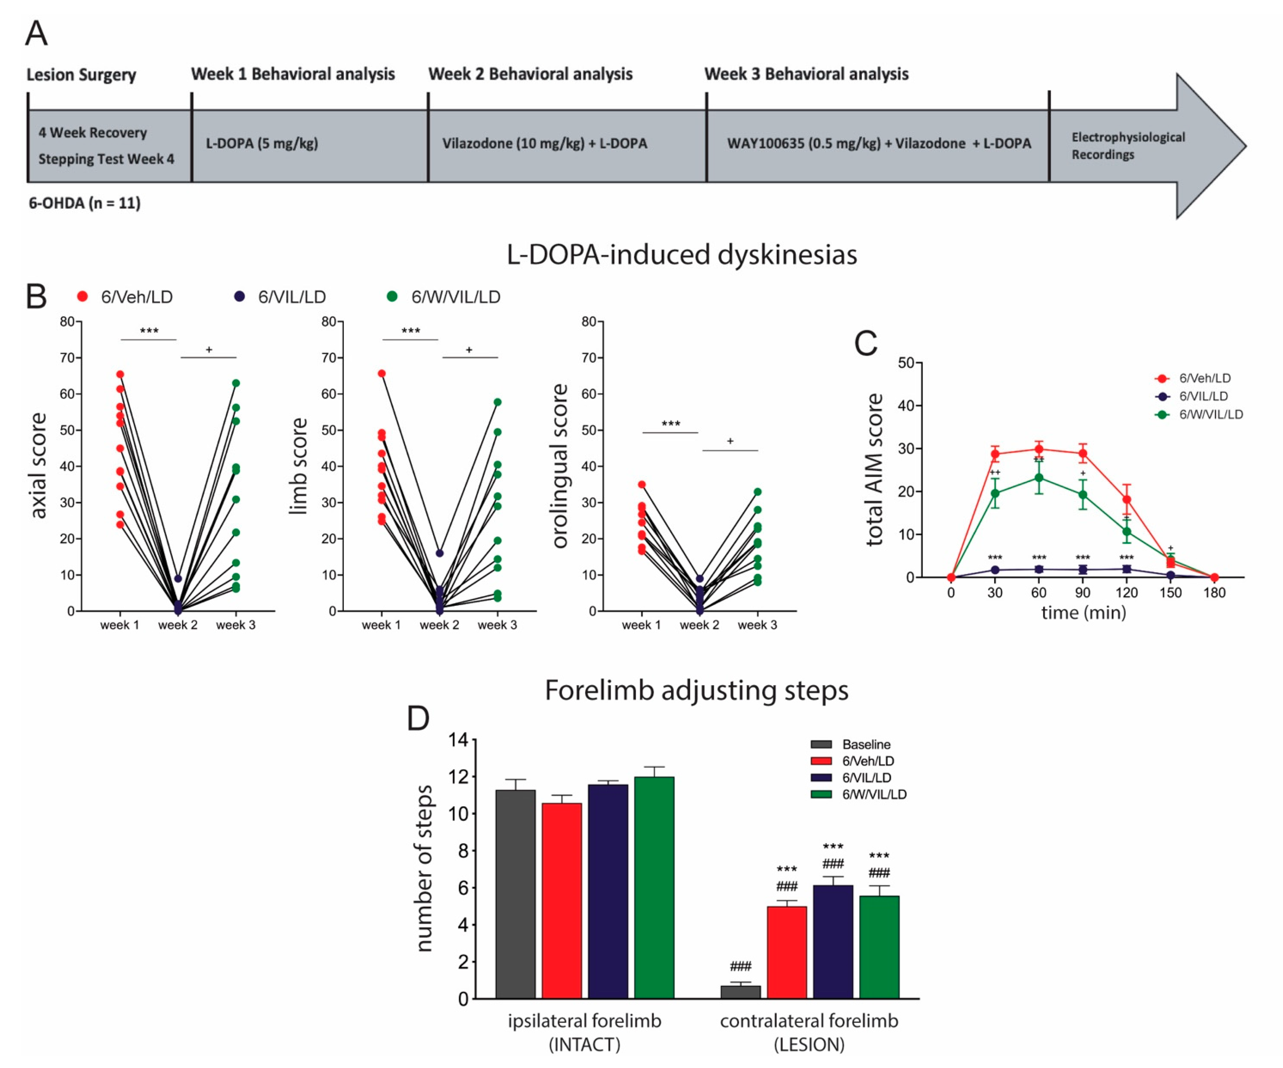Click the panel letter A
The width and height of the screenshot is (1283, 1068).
tap(36, 34)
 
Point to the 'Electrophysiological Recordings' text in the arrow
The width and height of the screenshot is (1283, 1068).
tap(1128, 145)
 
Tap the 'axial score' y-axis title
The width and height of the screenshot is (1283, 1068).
tap(38, 466)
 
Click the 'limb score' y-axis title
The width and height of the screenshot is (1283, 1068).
tap(298, 466)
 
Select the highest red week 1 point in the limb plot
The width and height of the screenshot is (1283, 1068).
tap(381, 373)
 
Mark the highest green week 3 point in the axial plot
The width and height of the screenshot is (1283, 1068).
tap(236, 383)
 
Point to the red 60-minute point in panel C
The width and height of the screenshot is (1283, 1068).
tap(1039, 449)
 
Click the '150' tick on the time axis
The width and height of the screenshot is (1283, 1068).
tap(1170, 593)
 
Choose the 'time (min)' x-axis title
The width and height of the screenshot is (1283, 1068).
tap(1083, 613)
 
